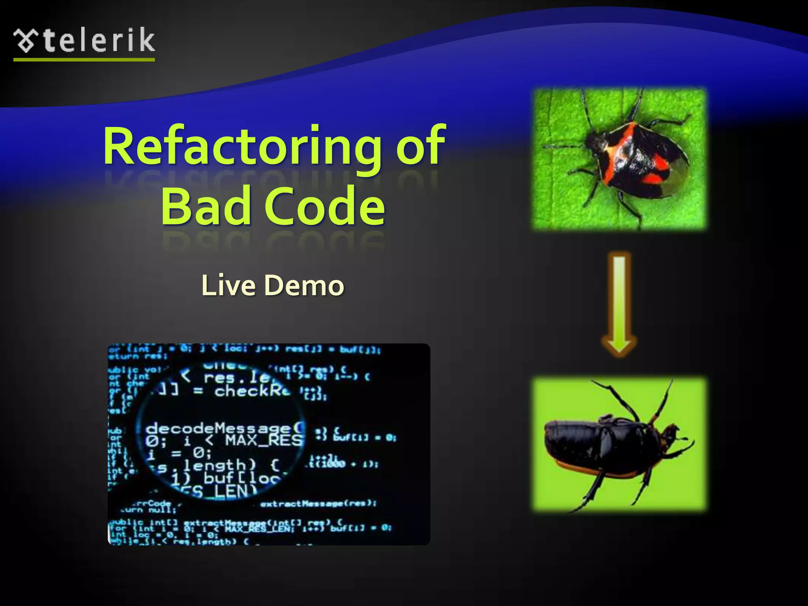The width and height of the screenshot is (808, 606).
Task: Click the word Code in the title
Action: [x=324, y=206]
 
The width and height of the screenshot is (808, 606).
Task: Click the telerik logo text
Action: [x=99, y=41]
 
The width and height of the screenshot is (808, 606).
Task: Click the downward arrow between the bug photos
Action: [x=619, y=304]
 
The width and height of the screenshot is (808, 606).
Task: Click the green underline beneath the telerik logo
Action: [x=84, y=60]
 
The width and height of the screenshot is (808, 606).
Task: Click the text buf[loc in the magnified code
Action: [x=241, y=478]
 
